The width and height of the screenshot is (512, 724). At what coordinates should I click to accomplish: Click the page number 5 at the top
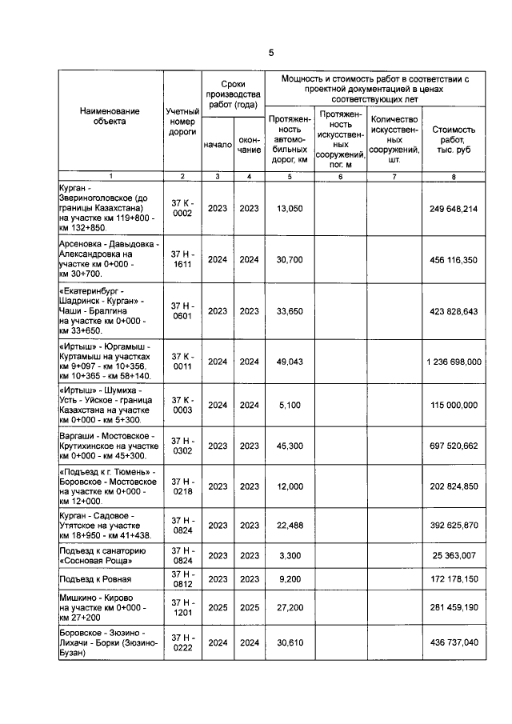270,53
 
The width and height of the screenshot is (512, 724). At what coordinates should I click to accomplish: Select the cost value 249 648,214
453,208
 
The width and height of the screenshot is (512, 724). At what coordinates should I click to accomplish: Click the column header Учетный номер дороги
182,122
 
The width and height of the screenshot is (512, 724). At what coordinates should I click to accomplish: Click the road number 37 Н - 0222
182,642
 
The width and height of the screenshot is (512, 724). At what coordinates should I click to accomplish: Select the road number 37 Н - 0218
182,486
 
